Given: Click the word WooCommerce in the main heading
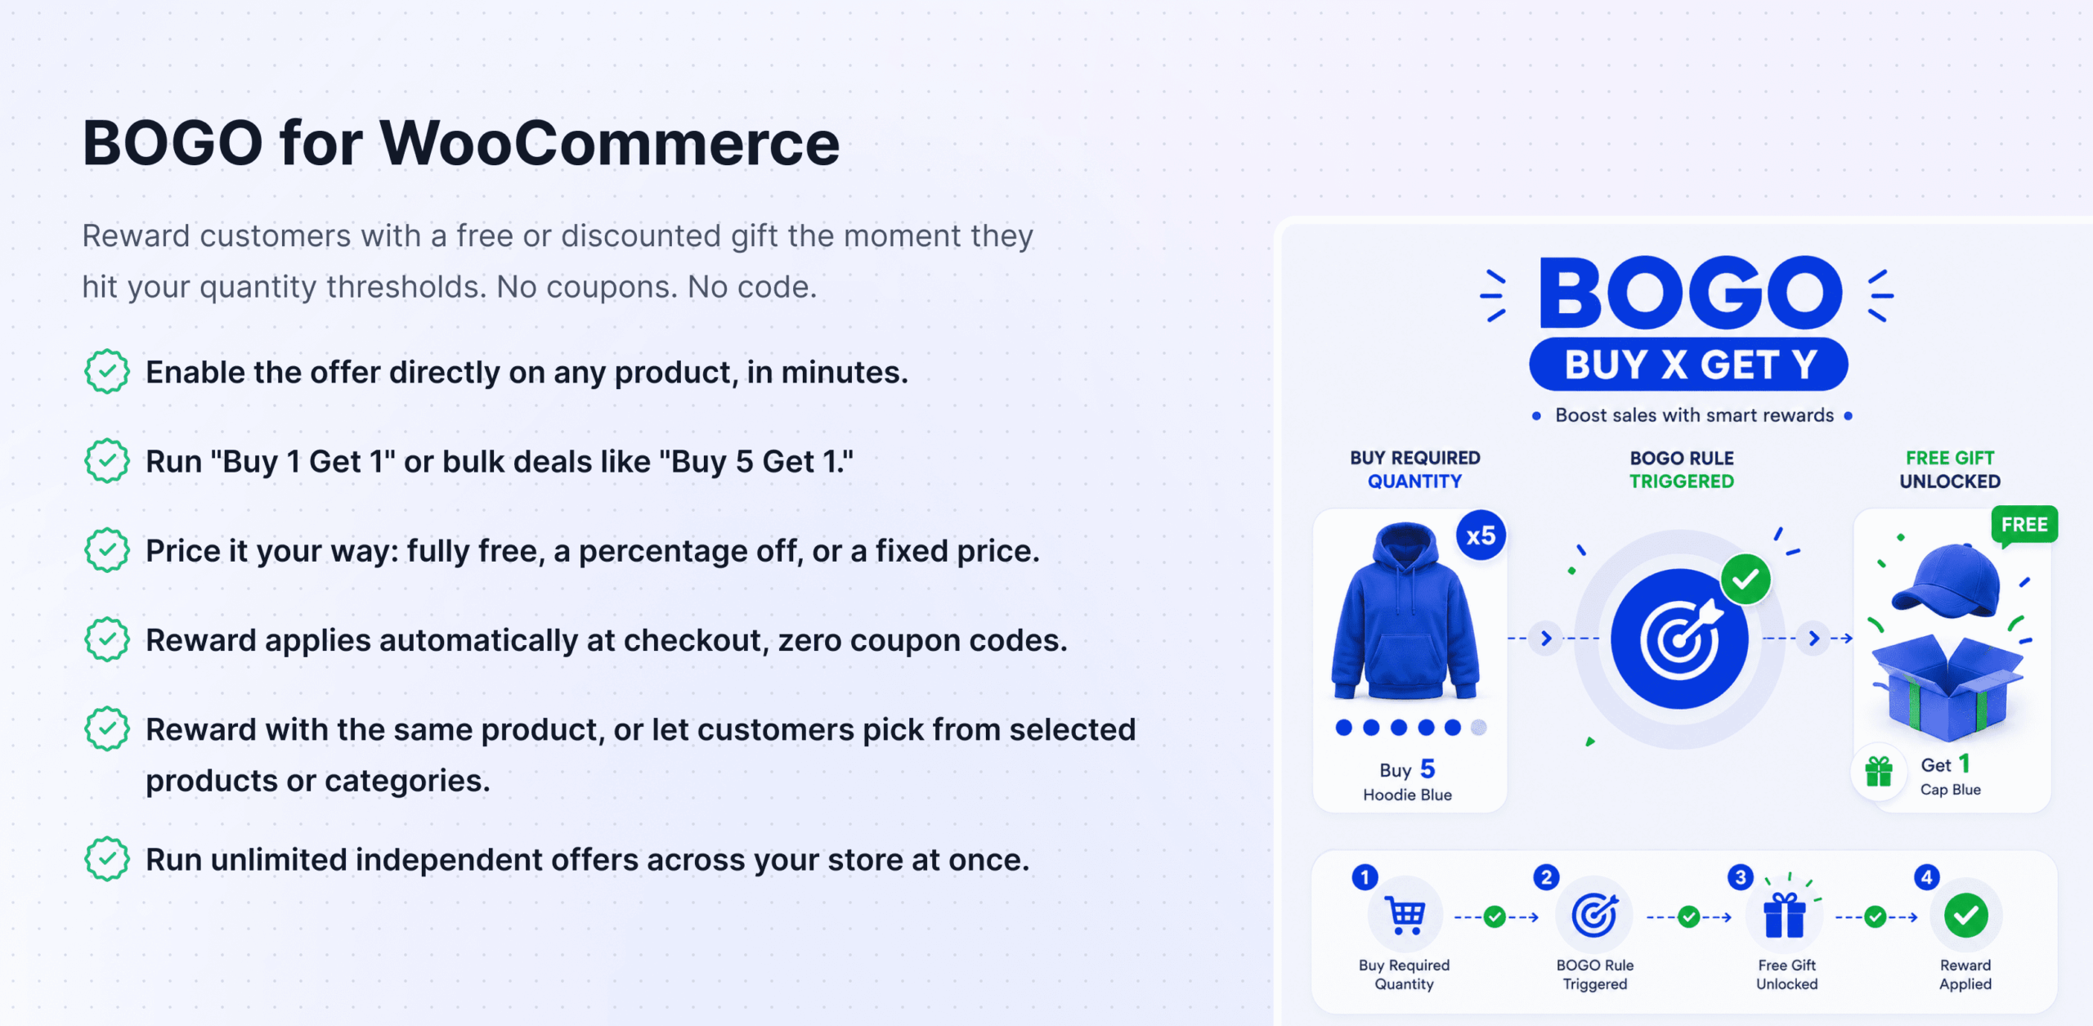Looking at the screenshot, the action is tap(610, 143).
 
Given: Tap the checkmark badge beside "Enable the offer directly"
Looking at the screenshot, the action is tap(107, 372).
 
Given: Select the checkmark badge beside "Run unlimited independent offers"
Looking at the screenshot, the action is tap(107, 859).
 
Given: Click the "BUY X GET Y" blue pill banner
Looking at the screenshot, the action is tap(1689, 365).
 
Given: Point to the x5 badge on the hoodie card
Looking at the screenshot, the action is tap(1481, 536).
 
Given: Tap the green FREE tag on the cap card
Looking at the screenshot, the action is tap(2024, 526).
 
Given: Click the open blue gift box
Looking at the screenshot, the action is tap(1948, 687).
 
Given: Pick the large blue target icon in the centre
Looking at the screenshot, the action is tap(1679, 639).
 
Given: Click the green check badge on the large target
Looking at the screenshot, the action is tap(1746, 580).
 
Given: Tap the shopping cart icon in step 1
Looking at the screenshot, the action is tap(1405, 915).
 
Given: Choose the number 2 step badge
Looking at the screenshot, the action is tap(1546, 878).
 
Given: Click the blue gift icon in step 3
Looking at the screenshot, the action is tap(1786, 915).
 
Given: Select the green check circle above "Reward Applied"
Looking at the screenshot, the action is tap(1966, 916).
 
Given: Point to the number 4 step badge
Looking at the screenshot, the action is tap(1927, 878).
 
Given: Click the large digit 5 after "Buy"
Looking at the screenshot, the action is tap(1428, 768).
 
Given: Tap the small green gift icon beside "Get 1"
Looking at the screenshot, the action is tap(1879, 771).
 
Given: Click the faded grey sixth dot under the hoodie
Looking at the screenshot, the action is tap(1479, 728).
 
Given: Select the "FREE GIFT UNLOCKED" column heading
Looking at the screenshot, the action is tap(1950, 469).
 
